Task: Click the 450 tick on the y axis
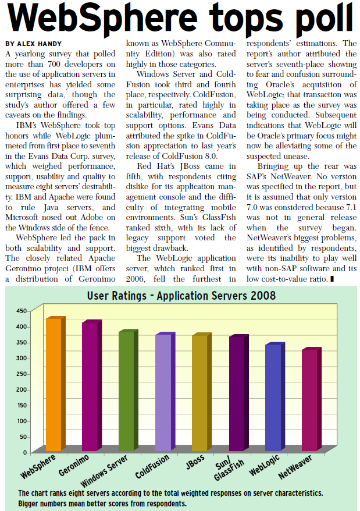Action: coord(22,311)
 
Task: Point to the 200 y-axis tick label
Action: coord(22,390)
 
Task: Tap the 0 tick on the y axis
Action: coord(25,452)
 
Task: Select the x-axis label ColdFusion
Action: coord(152,466)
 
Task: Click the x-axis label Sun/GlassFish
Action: coord(229,469)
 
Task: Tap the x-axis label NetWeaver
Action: coord(295,467)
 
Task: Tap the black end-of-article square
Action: coord(332,279)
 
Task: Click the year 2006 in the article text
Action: coord(136,279)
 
